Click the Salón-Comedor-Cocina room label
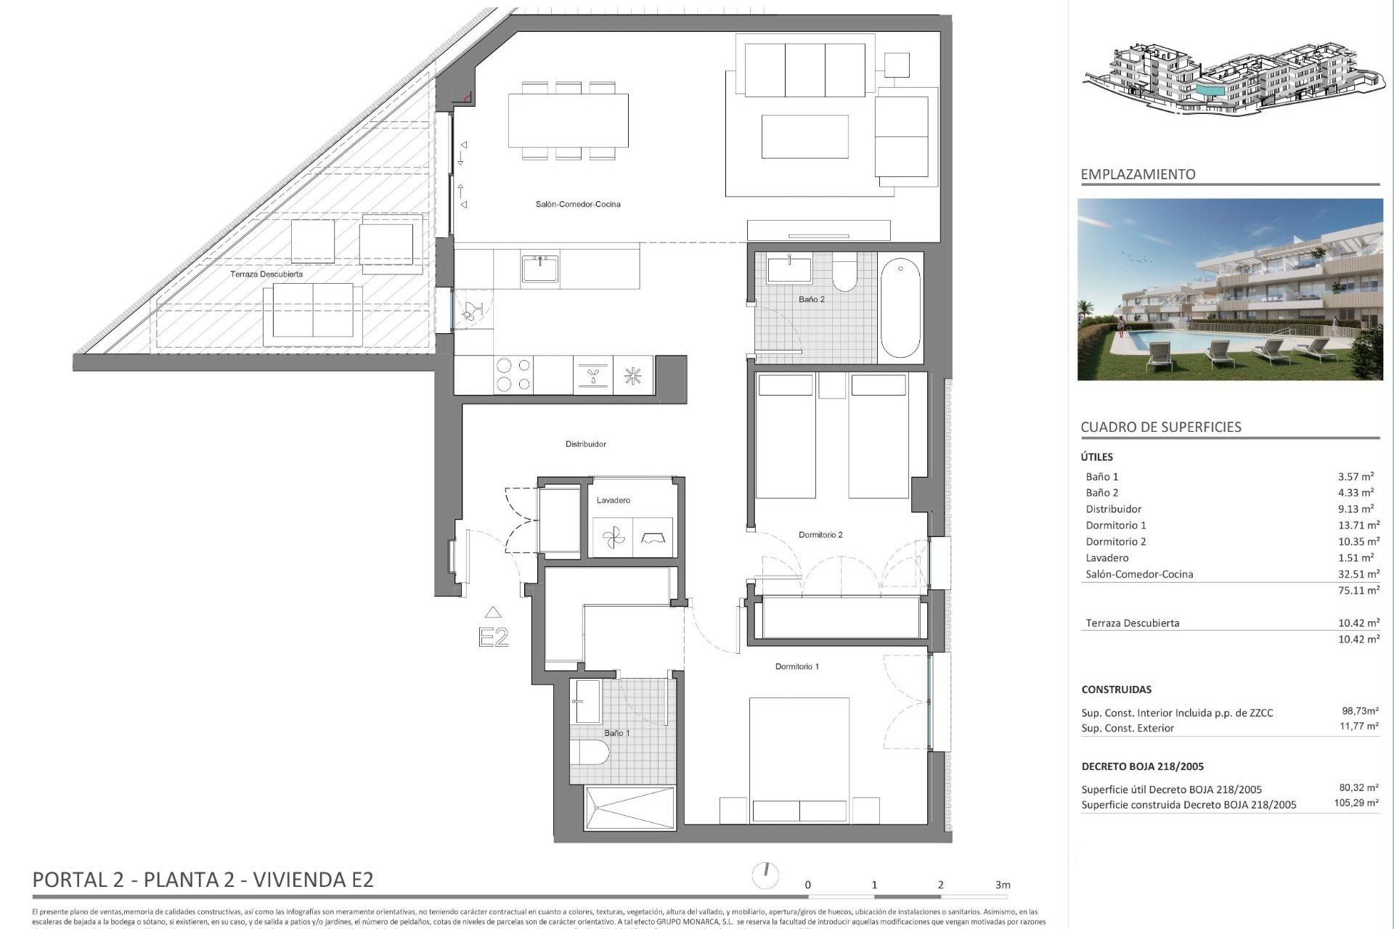tap(578, 205)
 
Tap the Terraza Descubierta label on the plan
tap(266, 274)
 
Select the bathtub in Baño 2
tap(900, 308)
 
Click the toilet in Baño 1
tap(590, 753)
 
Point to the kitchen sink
tap(539, 269)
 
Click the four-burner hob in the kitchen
tap(513, 375)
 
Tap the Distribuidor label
tap(585, 444)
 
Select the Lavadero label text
tap(613, 500)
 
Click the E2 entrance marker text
tap(493, 637)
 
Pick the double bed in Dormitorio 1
tap(799, 758)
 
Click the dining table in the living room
tap(568, 121)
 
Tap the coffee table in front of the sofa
tap(804, 136)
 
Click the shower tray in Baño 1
tap(629, 808)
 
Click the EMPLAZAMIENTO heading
tap(1138, 174)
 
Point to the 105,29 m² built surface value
tap(1356, 803)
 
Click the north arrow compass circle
tap(765, 875)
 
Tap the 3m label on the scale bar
tap(1003, 885)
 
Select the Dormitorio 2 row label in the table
tap(1115, 541)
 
